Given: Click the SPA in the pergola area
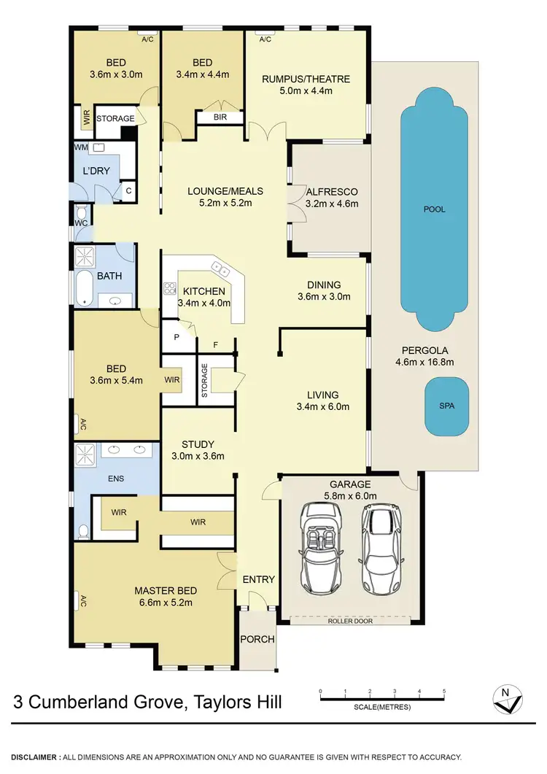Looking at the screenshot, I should click(x=446, y=406).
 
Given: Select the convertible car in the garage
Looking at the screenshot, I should click(x=322, y=541).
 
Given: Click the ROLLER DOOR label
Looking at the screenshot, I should click(x=352, y=621).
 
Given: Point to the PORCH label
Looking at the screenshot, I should click(x=258, y=639).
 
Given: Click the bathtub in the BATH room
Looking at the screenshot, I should click(x=83, y=288).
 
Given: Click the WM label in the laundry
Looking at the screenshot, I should click(x=80, y=147).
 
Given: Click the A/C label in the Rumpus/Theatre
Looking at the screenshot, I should click(x=264, y=39).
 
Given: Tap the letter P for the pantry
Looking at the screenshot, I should click(x=176, y=337).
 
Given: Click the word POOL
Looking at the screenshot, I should click(x=435, y=209).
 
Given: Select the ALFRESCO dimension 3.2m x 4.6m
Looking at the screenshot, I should click(x=332, y=204).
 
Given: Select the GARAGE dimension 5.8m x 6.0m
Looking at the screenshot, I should click(x=350, y=496).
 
